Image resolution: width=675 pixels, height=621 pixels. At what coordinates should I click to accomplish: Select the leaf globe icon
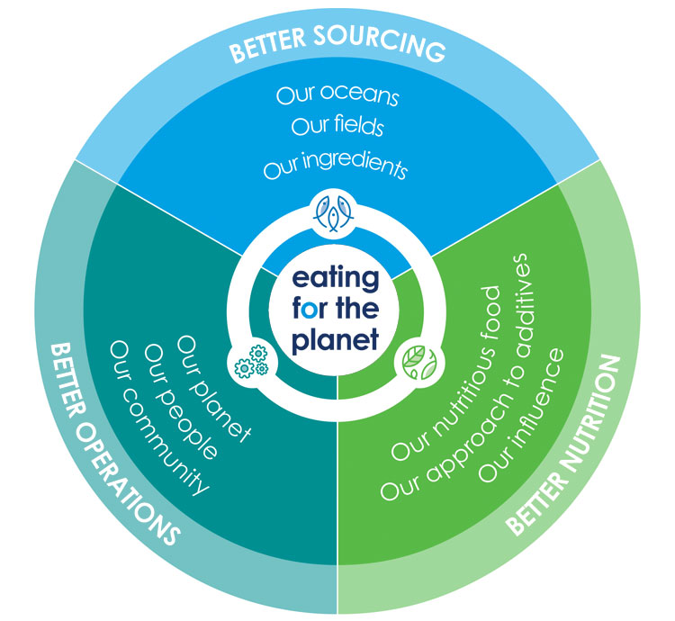tap(413, 361)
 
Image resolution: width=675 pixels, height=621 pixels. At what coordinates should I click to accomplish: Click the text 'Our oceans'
tap(337, 94)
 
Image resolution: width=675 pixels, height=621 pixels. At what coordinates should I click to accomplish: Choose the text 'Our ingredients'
tap(336, 167)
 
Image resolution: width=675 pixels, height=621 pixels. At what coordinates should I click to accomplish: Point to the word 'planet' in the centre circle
tap(337, 340)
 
